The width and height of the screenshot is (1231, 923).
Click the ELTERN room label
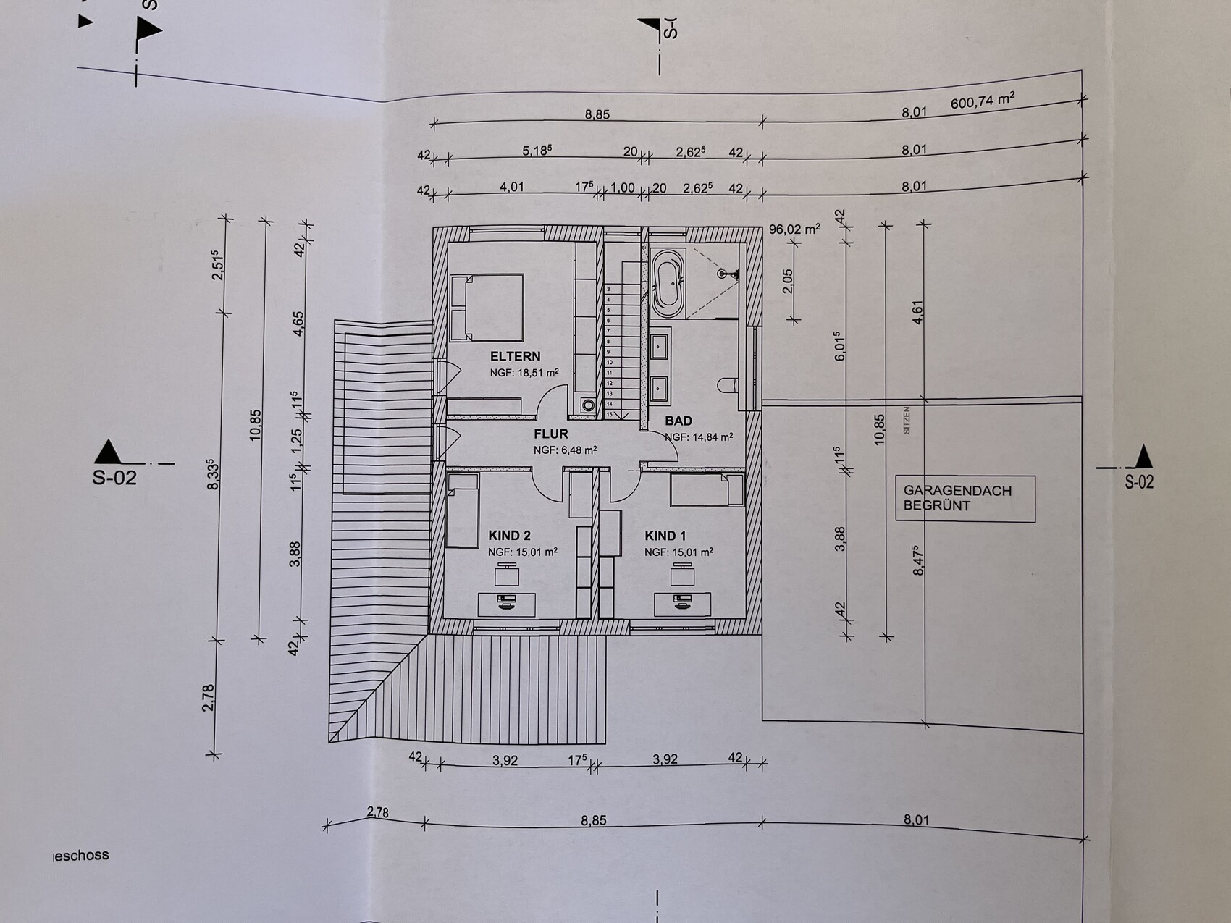pyautogui.click(x=515, y=356)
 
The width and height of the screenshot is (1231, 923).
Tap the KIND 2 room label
pyautogui.click(x=509, y=536)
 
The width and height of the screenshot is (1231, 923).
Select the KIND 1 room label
pyautogui.click(x=665, y=536)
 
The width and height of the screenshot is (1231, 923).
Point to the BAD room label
pyautogui.click(x=678, y=421)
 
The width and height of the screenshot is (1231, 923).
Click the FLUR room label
pyautogui.click(x=551, y=434)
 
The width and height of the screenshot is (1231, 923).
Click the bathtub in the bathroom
pyautogui.click(x=667, y=285)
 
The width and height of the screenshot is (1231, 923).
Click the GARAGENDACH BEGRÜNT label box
pyautogui.click(x=965, y=498)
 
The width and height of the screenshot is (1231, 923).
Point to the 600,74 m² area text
pyautogui.click(x=981, y=102)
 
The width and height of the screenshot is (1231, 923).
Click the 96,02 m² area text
pyautogui.click(x=794, y=229)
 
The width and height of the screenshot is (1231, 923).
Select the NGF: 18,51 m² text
pyautogui.click(x=524, y=373)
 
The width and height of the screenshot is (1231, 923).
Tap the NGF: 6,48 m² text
pyautogui.click(x=565, y=450)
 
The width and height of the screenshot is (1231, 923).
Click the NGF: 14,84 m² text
pyautogui.click(x=699, y=437)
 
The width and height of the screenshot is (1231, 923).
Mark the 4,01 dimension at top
pyautogui.click(x=511, y=187)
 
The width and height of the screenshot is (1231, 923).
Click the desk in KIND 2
pyautogui.click(x=507, y=602)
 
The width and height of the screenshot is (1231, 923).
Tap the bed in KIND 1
pyautogui.click(x=707, y=490)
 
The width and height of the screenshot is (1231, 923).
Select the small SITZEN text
pyautogui.click(x=905, y=420)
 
